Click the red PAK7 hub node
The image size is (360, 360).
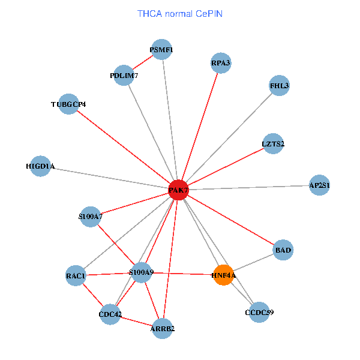coord(178,190)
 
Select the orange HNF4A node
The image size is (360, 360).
coord(223,275)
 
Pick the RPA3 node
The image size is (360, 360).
coord(220,62)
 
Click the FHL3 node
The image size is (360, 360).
coord(279,86)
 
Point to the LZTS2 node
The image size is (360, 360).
coord(272,143)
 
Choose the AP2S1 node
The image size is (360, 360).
coord(319,185)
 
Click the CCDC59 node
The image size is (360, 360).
coord(259,311)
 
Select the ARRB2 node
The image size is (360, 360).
coord(163,328)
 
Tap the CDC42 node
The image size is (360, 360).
coord(110,314)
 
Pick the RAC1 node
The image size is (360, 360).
coord(76,276)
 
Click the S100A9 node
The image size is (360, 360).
coord(142,273)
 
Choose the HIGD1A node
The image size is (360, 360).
coord(40,166)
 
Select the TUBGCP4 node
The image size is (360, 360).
coord(69,104)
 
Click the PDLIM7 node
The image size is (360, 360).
coord(124,76)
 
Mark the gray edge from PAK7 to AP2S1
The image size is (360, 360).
coord(252,187)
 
